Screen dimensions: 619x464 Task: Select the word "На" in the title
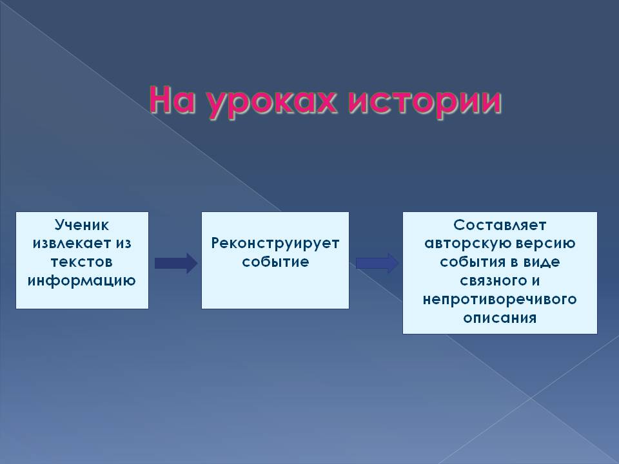173,101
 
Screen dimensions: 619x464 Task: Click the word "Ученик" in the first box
82,226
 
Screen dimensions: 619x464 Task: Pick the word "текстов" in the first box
82,262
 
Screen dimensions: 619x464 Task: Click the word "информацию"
82,281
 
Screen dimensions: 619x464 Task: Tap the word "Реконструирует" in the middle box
275,244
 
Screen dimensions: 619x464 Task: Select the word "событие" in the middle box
275,262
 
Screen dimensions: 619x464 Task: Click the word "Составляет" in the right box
500,226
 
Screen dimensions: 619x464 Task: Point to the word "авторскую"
462,244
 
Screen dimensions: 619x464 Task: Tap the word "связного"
493,281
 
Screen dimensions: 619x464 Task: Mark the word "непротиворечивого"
500,300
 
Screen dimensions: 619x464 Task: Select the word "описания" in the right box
500,318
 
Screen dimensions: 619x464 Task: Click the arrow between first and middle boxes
176,263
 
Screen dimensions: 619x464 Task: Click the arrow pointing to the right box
377,263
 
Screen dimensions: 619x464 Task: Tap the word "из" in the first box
123,244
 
